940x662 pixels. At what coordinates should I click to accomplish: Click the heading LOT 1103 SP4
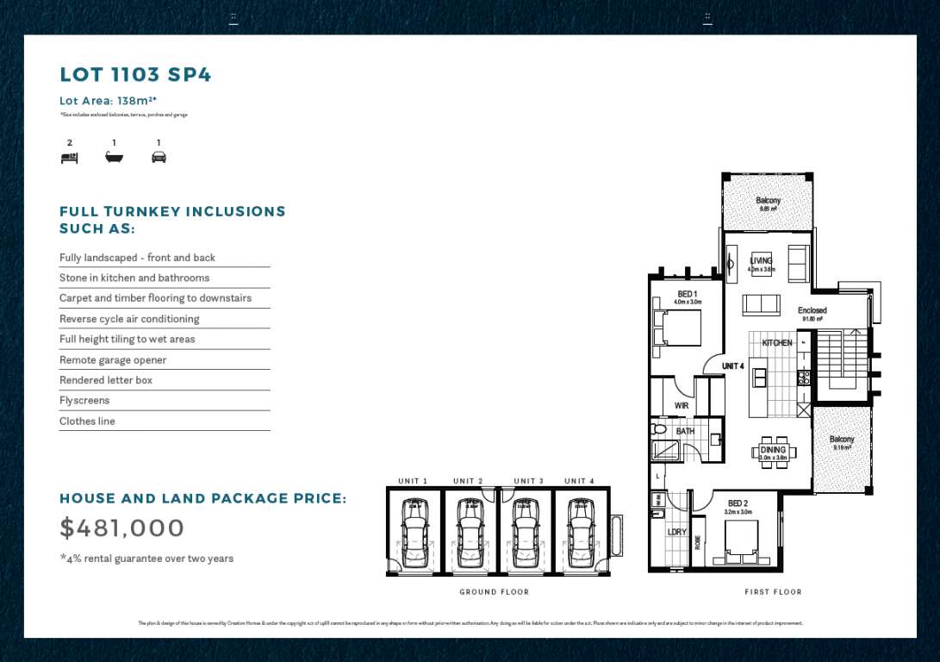pyautogui.click(x=135, y=75)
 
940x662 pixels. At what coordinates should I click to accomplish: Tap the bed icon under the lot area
pyautogui.click(x=69, y=158)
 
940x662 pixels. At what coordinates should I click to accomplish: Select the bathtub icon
pyautogui.click(x=114, y=158)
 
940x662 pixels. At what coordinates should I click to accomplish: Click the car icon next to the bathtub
pyautogui.click(x=159, y=158)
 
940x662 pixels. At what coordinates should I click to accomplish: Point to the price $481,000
pyautogui.click(x=121, y=528)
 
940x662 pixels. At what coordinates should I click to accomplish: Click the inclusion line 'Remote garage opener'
pyautogui.click(x=113, y=359)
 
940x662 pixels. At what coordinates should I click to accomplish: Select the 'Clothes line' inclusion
pyautogui.click(x=87, y=421)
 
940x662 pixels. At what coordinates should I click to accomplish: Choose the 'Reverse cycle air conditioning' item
pyautogui.click(x=129, y=319)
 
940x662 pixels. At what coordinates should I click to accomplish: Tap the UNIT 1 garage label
pyautogui.click(x=413, y=481)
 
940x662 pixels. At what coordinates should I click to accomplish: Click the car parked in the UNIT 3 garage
pyautogui.click(x=525, y=532)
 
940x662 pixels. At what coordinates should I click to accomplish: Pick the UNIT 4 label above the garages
pyautogui.click(x=579, y=481)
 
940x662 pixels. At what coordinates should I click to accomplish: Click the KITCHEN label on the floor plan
pyautogui.click(x=776, y=343)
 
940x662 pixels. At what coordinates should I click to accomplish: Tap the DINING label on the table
pyautogui.click(x=773, y=450)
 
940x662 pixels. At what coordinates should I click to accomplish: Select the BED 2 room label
pyautogui.click(x=738, y=503)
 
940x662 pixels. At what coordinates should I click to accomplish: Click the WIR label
pyautogui.click(x=682, y=405)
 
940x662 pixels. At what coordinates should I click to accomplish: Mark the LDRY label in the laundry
pyautogui.click(x=676, y=532)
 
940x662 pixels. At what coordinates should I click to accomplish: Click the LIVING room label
pyautogui.click(x=761, y=261)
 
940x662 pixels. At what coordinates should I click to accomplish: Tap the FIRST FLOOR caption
pyautogui.click(x=773, y=592)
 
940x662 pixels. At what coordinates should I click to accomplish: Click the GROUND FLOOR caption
pyautogui.click(x=495, y=592)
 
